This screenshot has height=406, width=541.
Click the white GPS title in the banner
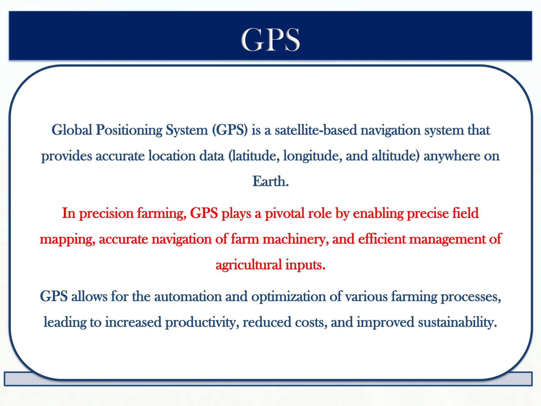point(270,40)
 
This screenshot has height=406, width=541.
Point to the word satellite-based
point(316,130)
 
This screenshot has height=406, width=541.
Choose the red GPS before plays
point(204,213)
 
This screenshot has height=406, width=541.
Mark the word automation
point(188,296)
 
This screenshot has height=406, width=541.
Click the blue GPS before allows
point(54,296)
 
